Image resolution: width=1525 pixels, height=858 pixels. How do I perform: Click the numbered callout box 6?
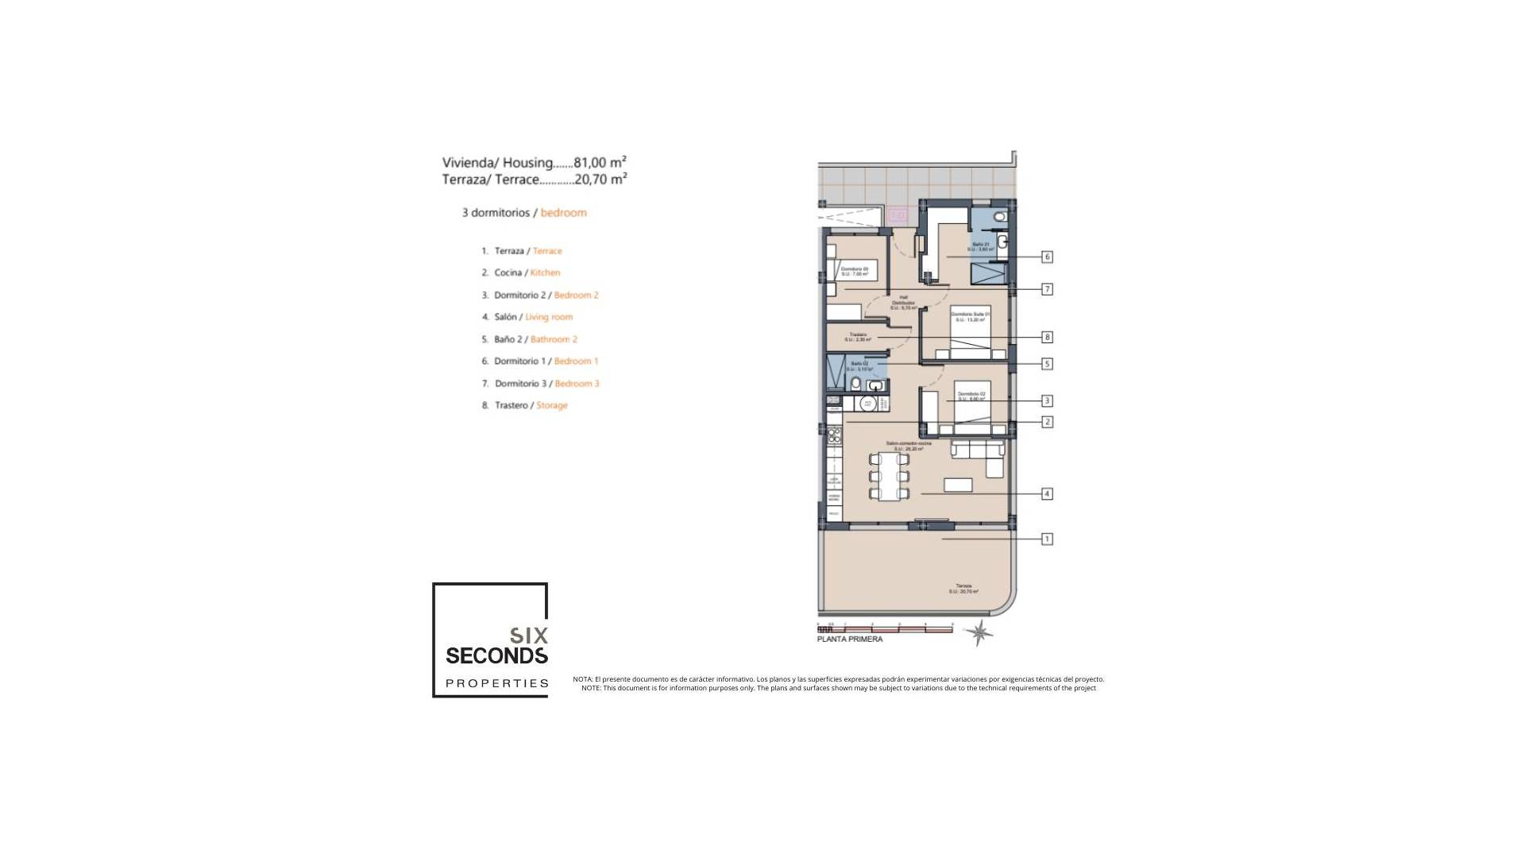tap(1047, 257)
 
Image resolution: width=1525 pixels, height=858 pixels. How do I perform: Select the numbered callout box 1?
tap(1047, 539)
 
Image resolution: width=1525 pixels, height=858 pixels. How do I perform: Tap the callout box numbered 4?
tap(1047, 493)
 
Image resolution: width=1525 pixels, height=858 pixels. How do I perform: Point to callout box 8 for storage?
tap(1047, 337)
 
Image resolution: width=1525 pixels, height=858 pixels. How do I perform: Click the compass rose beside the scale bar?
tap(979, 632)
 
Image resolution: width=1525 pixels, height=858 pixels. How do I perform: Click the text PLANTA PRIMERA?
tap(849, 640)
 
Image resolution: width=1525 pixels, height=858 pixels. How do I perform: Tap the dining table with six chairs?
tap(889, 477)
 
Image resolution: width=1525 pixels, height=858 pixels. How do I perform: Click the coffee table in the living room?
tap(957, 485)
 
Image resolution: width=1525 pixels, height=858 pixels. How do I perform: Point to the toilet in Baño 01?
tap(999, 216)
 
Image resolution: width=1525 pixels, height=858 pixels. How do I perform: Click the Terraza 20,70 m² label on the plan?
tap(963, 589)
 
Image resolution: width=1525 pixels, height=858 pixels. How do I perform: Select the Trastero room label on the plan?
tap(858, 337)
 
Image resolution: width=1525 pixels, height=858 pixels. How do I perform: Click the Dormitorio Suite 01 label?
tap(970, 316)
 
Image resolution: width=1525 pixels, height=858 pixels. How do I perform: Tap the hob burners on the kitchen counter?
tap(834, 435)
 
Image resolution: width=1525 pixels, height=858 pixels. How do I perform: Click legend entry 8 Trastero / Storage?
tap(524, 405)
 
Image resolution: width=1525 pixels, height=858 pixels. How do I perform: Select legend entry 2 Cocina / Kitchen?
tap(520, 272)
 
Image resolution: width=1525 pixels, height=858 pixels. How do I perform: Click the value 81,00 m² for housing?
tap(600, 162)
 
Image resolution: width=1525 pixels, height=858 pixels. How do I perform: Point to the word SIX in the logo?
tap(528, 636)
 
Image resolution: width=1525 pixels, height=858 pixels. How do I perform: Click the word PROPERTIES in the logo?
tap(497, 683)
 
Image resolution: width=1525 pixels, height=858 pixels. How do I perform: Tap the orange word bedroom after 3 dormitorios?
tap(563, 213)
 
